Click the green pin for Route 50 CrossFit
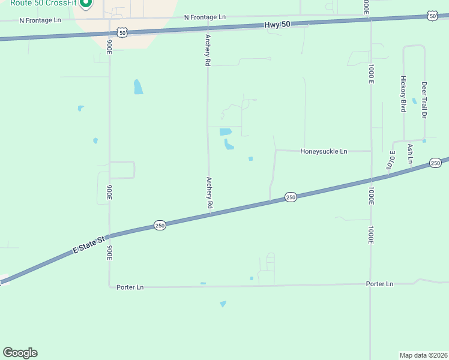85,3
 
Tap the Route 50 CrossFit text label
41,3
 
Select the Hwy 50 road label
277,25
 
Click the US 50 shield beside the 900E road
122,33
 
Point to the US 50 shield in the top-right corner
432,16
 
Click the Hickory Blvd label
403,94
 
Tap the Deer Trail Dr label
424,100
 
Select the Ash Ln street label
411,153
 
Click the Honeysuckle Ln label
324,152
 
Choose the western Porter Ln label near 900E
130,287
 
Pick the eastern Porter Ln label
379,284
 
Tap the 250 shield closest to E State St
159,225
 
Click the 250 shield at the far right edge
435,163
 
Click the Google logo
20,352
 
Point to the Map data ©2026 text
423,355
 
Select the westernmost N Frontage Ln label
40,20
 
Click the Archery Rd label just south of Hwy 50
208,49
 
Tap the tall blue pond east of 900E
139,87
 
